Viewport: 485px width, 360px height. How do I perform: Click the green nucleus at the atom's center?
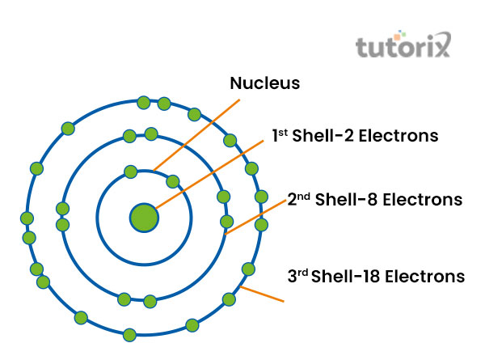pyautogui.click(x=144, y=217)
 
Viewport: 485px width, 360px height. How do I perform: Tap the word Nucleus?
pyautogui.click(x=265, y=83)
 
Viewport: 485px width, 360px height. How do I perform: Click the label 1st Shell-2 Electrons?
pyautogui.click(x=355, y=136)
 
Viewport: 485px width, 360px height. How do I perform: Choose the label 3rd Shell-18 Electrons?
pyautogui.click(x=376, y=276)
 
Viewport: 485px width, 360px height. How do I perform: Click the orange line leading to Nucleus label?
pyautogui.click(x=198, y=133)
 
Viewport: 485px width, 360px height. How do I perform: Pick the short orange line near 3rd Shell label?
pyautogui.click(x=263, y=294)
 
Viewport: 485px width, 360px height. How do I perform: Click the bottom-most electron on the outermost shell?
pyautogui.click(x=129, y=335)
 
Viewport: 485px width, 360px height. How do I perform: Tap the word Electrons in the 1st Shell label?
pyautogui.click(x=399, y=136)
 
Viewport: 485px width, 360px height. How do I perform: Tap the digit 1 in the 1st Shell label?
pyautogui.click(x=276, y=137)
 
